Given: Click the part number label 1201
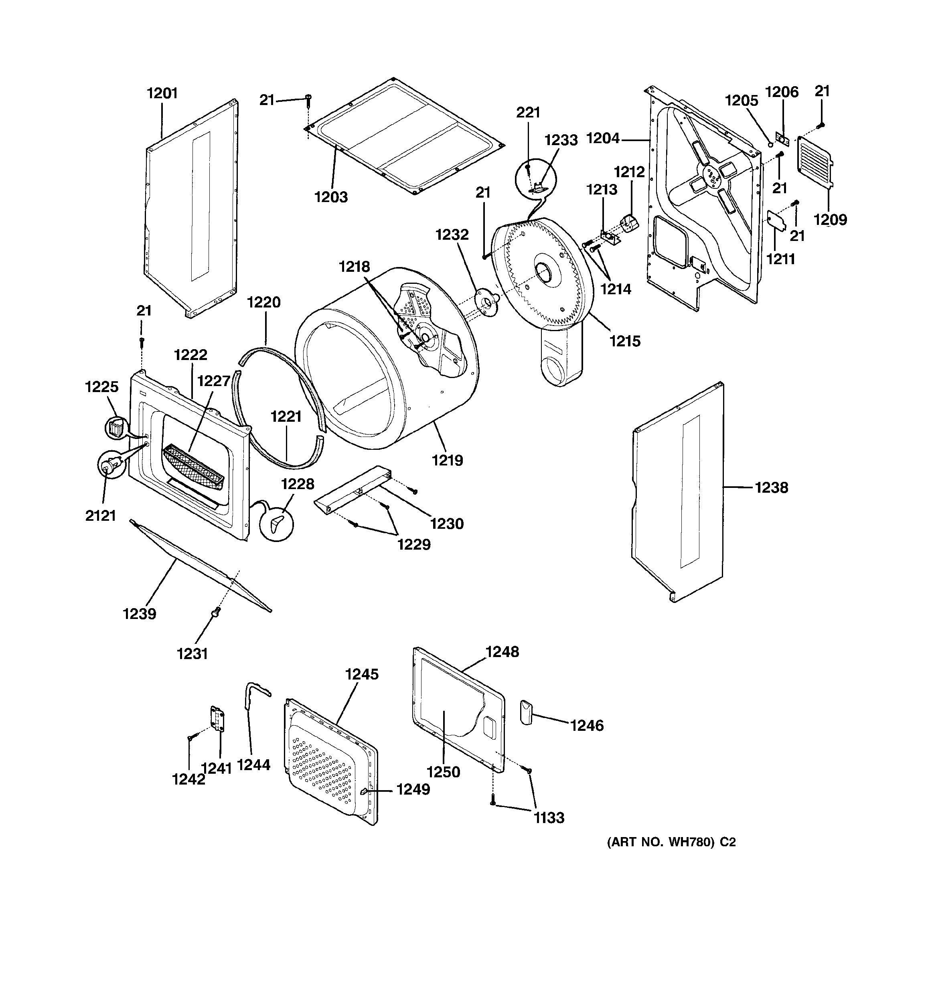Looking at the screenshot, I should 162,93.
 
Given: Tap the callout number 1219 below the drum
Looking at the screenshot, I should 447,460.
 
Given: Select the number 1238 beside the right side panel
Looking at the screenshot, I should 771,487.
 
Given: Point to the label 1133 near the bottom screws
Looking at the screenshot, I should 549,817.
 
